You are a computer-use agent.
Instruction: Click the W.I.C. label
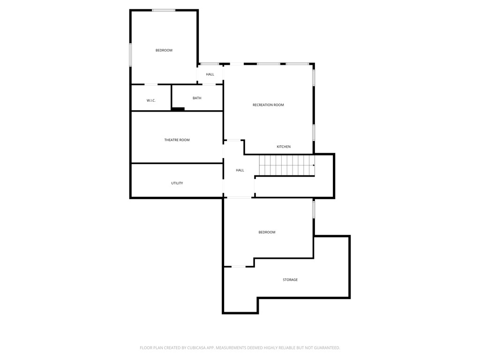coord(151,100)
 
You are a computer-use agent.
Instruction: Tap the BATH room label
coord(197,98)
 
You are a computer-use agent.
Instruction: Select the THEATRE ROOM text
coord(177,140)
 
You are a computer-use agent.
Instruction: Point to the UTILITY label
coord(177,183)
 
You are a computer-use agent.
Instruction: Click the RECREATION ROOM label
coord(268,105)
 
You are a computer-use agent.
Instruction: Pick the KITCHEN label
coord(284,147)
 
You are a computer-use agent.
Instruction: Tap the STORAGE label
coord(290,280)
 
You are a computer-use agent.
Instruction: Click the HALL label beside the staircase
coord(240,170)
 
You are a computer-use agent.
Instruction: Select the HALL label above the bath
coord(210,74)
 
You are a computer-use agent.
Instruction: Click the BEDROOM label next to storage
coord(267,232)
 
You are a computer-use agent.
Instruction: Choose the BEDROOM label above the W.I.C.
coord(164,50)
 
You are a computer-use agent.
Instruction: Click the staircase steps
coord(286,165)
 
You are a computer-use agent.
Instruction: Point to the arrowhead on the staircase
coord(314,165)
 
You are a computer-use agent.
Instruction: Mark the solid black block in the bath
coord(178,109)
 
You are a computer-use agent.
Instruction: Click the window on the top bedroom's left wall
coord(131,55)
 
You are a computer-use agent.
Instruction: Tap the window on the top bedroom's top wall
coord(164,10)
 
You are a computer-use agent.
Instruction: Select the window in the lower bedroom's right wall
coord(314,209)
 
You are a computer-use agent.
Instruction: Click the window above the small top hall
coord(210,64)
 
